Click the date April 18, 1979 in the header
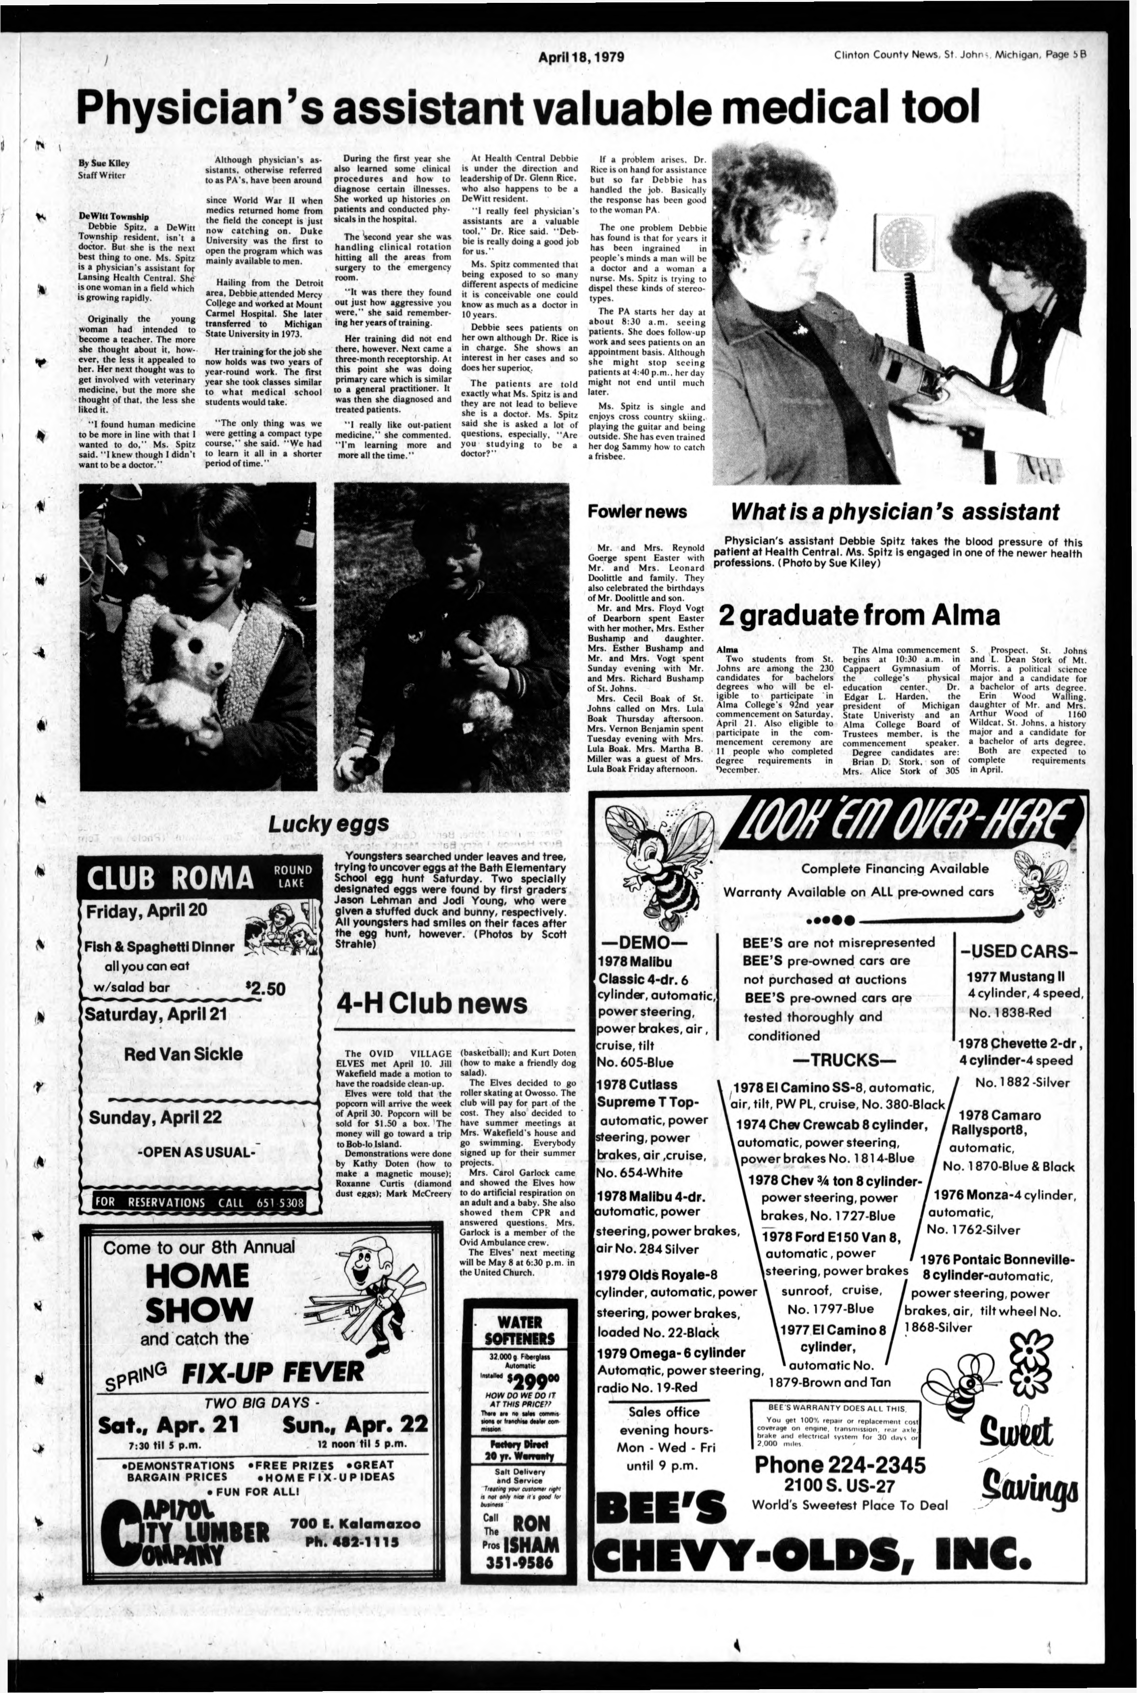[x=582, y=57]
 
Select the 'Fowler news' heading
[x=637, y=511]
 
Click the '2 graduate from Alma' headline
[x=859, y=615]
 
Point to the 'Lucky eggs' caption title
[x=328, y=824]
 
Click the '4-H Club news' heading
[x=432, y=1004]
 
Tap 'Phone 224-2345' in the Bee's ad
[x=840, y=1465]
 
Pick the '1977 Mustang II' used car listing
[x=1015, y=977]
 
